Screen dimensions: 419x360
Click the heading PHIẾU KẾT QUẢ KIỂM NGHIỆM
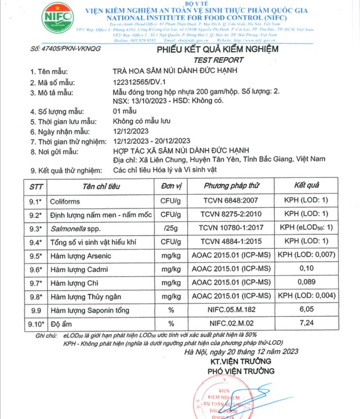click(x=218, y=49)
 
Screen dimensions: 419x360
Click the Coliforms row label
click(x=65, y=201)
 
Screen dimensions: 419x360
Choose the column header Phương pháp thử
click(x=232, y=186)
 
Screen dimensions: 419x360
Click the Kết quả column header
click(x=307, y=186)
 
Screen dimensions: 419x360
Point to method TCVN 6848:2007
click(x=232, y=201)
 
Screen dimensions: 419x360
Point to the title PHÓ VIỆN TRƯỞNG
click(x=242, y=371)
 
